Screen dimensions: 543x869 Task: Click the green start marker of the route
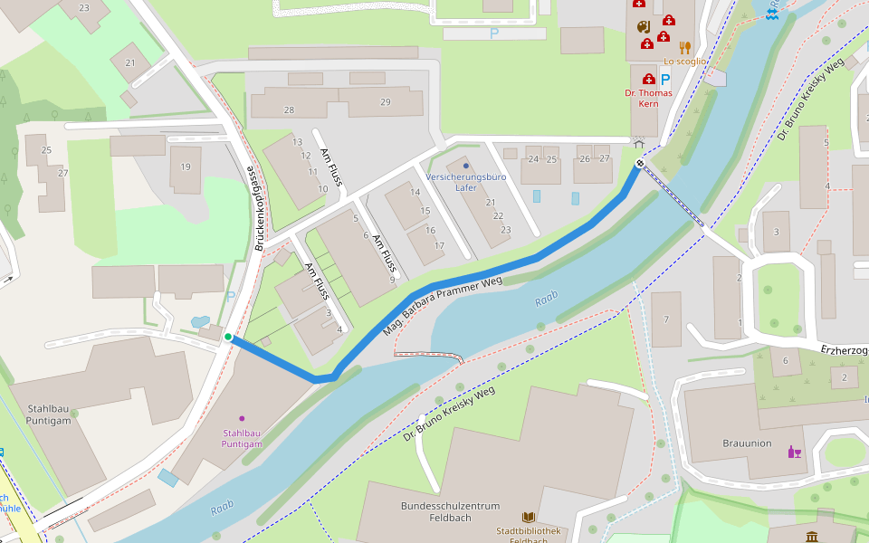point(228,338)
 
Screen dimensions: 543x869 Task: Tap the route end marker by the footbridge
point(640,164)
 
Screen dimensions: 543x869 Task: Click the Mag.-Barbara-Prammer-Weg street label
point(442,307)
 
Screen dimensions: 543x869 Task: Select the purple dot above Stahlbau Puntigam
point(242,418)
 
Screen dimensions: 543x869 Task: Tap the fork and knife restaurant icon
point(685,47)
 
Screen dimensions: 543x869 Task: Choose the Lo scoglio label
point(684,62)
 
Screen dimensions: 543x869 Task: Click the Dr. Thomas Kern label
point(649,99)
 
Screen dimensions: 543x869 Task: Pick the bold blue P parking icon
point(665,80)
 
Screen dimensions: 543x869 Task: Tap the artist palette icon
point(643,26)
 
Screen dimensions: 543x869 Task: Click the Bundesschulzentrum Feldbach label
point(451,506)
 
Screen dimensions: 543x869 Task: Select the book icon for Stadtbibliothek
point(529,517)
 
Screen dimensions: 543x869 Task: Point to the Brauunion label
point(747,443)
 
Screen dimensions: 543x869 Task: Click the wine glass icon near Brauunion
point(795,452)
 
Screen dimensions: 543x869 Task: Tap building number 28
point(289,110)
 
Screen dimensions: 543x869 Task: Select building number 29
point(386,102)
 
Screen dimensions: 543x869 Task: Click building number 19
point(186,167)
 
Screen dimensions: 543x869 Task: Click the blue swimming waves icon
point(772,12)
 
